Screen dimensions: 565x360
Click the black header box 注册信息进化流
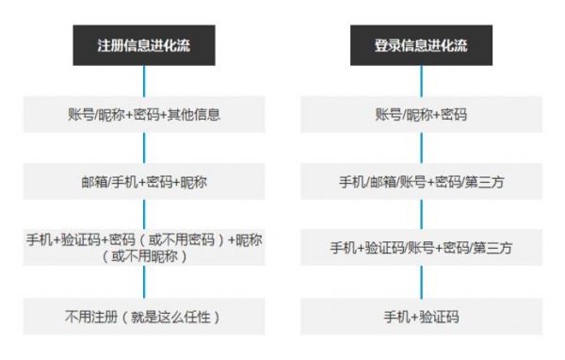coord(144,44)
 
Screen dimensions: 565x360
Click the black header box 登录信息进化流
coord(421,44)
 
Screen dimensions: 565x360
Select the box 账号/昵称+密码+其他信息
coord(144,115)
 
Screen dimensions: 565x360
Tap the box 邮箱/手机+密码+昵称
coord(144,182)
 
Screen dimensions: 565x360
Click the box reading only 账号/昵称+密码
coord(421,115)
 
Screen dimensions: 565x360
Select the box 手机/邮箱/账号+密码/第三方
coord(421,182)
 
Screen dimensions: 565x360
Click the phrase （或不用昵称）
coord(144,257)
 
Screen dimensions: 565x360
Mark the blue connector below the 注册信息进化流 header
coord(144,80)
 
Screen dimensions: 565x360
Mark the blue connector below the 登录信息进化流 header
coord(421,80)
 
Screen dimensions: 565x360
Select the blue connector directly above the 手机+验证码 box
coord(421,283)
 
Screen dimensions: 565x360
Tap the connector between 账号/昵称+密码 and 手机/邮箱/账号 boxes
coord(421,149)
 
